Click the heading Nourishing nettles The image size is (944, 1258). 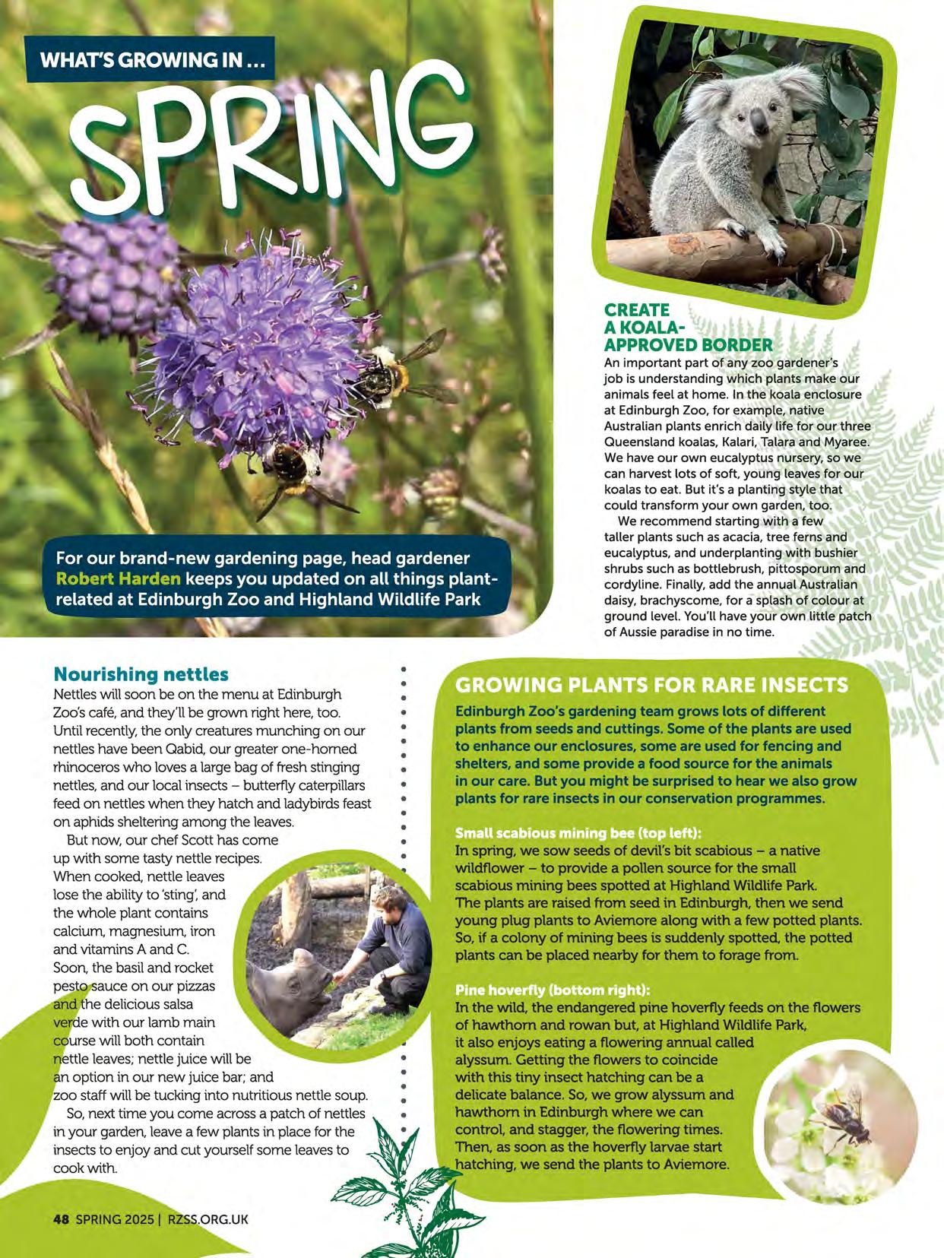coord(141,674)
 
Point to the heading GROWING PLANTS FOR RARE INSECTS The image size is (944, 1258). coord(651,685)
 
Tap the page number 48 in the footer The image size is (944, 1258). coord(61,1219)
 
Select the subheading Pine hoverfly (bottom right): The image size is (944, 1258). coord(553,990)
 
